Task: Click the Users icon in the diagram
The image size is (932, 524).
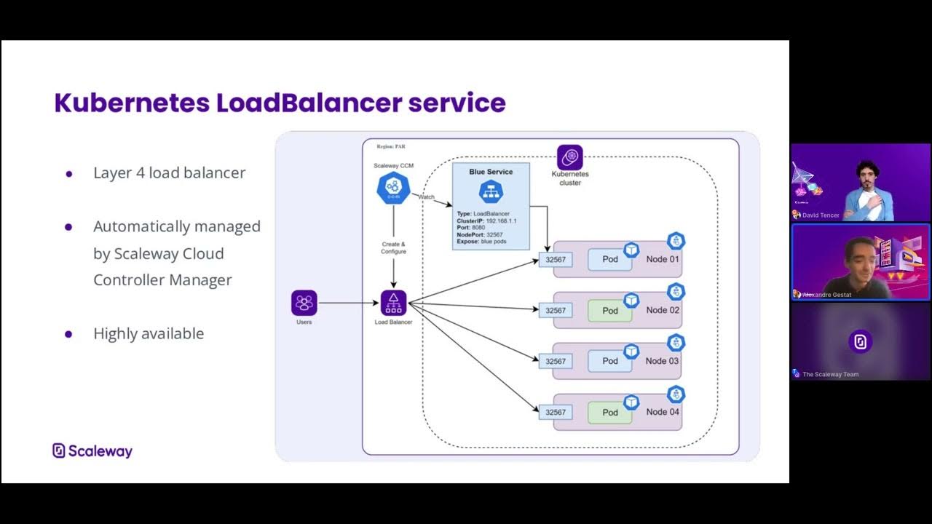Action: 304,303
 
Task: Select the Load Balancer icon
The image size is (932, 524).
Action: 393,303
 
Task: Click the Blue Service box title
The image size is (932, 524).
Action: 491,172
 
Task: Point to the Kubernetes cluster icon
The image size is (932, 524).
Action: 569,158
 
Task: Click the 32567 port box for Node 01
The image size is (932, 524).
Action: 556,260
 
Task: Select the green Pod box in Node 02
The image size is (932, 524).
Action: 609,311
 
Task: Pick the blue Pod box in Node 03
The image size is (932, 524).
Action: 609,361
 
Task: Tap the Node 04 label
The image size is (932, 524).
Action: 663,412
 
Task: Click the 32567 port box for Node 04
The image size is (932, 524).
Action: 556,413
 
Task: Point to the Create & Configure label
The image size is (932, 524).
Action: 393,247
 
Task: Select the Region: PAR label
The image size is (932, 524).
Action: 390,146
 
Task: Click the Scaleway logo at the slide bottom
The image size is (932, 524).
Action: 92,451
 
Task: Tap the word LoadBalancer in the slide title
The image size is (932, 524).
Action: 309,103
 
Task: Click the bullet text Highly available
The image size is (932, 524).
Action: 149,333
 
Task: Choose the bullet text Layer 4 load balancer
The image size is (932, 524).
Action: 169,172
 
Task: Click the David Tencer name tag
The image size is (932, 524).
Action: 820,215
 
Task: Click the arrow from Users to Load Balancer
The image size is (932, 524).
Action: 348,303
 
